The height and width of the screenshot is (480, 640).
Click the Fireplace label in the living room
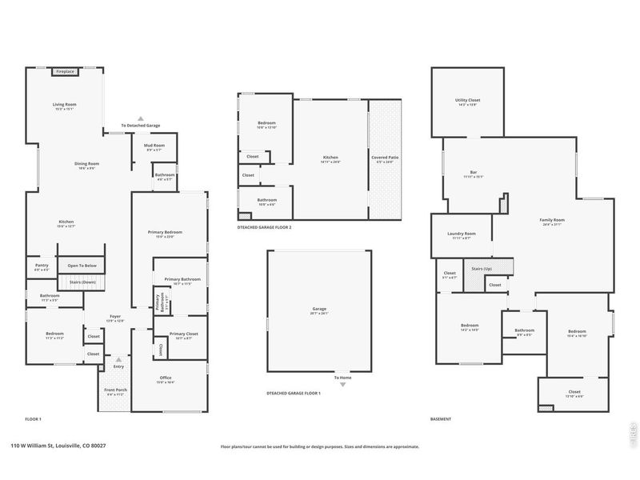[x=65, y=72]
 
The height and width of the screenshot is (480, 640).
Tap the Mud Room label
[x=154, y=145]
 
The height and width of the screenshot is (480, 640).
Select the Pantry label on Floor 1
[x=42, y=265]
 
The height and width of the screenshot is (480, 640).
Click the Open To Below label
[x=82, y=266]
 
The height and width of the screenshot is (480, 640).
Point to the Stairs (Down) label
[x=82, y=282]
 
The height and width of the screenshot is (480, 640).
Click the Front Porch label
[x=116, y=390]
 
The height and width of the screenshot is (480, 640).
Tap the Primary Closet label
[x=183, y=334]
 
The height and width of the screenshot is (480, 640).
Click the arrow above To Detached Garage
[x=141, y=118]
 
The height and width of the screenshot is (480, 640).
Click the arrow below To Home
[x=342, y=385]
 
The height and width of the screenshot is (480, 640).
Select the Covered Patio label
[x=385, y=158]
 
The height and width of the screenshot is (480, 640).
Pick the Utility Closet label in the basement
[x=467, y=100]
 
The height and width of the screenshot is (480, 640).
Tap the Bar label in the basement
[x=473, y=173]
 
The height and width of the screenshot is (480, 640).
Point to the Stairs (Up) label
[x=482, y=269]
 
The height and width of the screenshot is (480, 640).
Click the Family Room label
[x=552, y=220]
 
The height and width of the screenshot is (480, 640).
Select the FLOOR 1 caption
[x=33, y=419]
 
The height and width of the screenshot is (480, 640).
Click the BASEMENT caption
[x=441, y=419]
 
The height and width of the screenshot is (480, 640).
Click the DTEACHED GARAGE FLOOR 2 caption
[x=264, y=227]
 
